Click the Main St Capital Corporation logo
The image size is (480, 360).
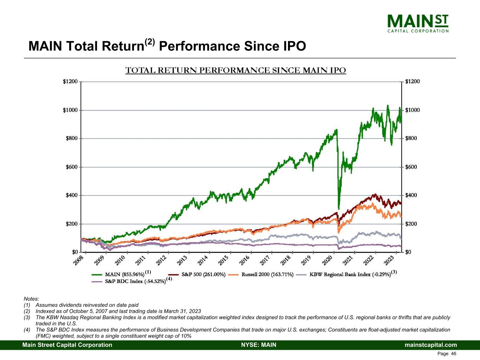[418, 23]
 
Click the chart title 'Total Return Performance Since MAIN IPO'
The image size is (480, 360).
[236, 70]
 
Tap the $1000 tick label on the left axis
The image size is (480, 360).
[70, 110]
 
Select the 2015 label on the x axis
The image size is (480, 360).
[224, 262]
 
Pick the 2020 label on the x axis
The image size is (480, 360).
[327, 262]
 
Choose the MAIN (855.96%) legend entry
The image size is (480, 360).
[124, 274]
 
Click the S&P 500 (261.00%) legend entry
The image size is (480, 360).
[203, 274]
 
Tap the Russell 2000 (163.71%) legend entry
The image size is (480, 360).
[267, 274]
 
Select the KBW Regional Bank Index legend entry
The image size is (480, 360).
[350, 274]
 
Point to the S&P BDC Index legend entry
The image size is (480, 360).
[135, 281]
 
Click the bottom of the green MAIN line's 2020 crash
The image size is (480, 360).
[339, 208]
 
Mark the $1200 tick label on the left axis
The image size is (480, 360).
[70, 82]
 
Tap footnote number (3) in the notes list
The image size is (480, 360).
[27, 317]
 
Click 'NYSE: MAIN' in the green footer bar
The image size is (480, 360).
[258, 345]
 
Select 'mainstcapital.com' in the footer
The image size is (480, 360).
[431, 345]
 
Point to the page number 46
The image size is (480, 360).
[454, 354]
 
